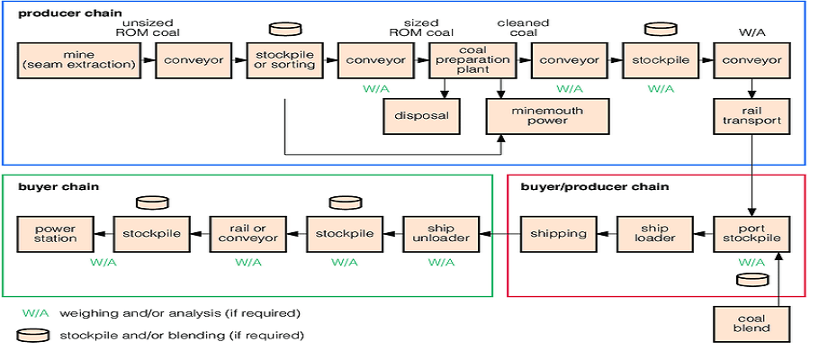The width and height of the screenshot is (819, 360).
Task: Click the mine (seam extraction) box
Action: click(x=79, y=59)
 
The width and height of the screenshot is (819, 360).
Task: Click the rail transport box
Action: click(x=751, y=115)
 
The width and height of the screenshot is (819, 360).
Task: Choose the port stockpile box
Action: click(x=751, y=234)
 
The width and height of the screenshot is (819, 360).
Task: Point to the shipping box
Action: click(x=558, y=234)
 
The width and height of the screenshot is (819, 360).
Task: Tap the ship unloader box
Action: click(x=441, y=234)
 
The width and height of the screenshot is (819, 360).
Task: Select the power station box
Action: click(x=55, y=234)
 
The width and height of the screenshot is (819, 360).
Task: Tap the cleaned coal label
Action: click(x=523, y=29)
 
